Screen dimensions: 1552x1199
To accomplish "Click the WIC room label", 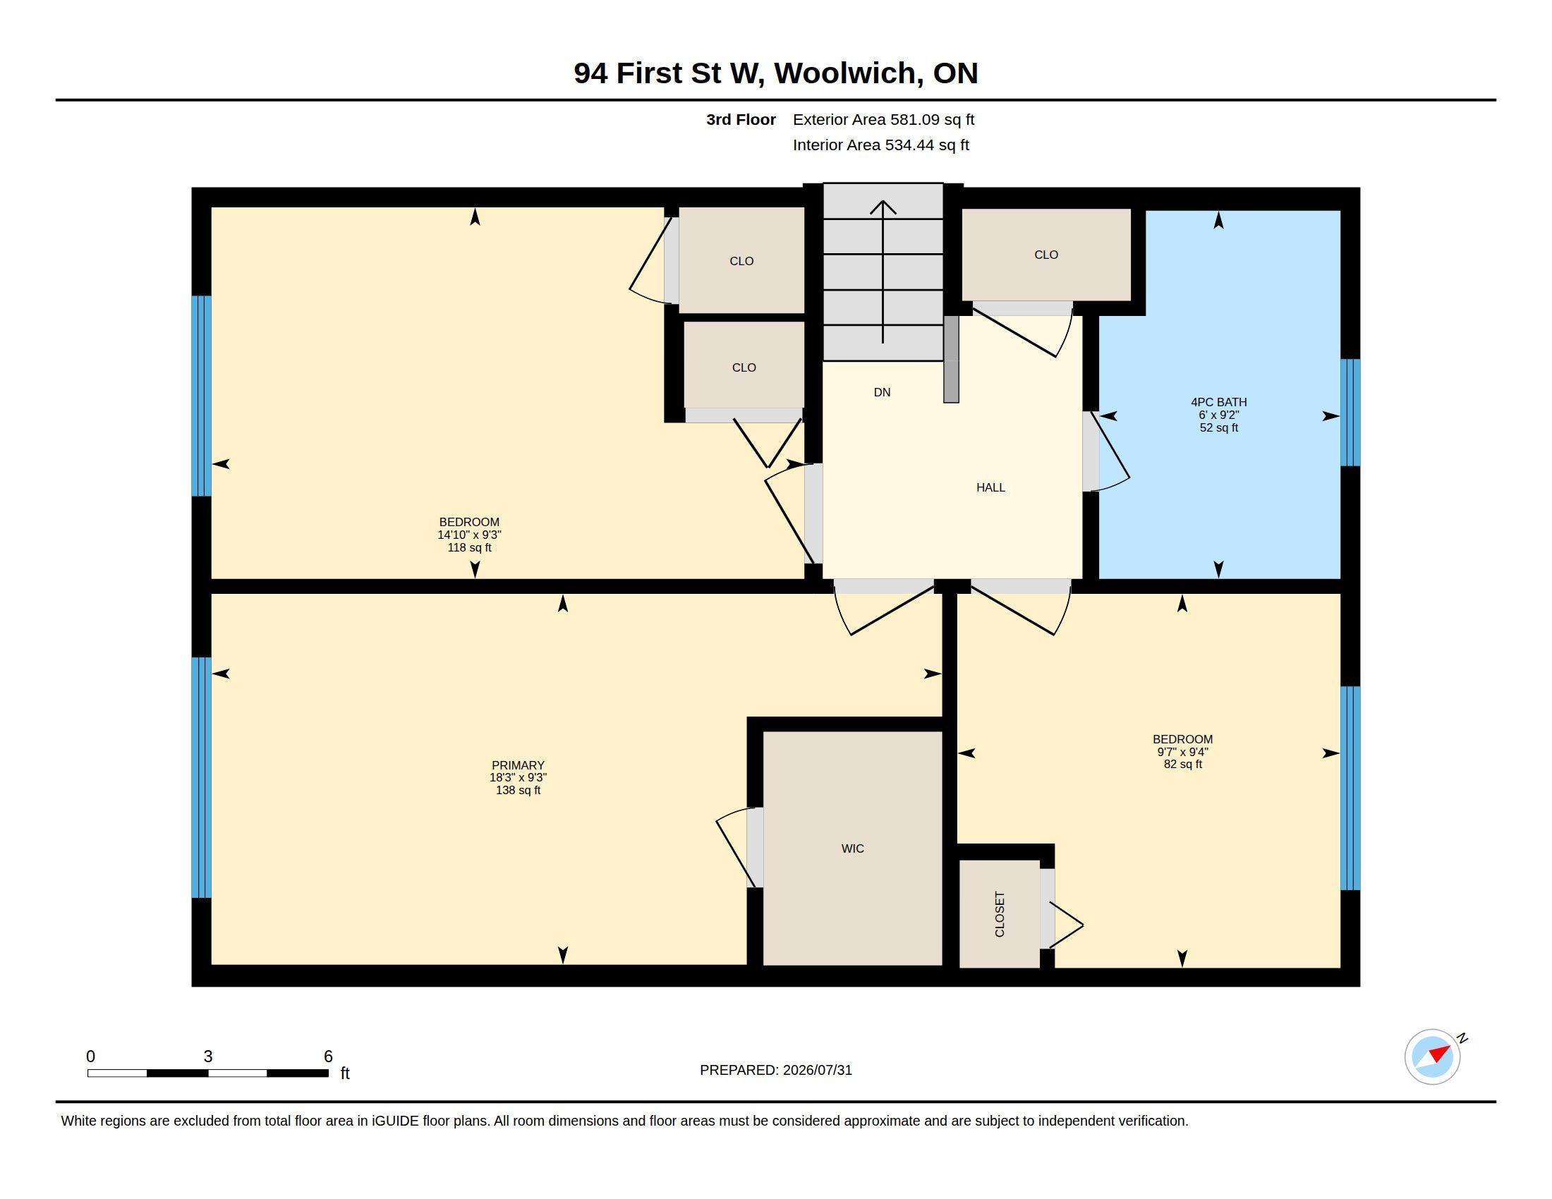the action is pyautogui.click(x=852, y=848).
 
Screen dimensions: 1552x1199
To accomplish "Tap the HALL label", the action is pyautogui.click(x=990, y=487).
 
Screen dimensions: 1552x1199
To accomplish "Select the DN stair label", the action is pyautogui.click(x=882, y=392).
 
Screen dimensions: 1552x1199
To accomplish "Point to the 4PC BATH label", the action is pyautogui.click(x=1219, y=402).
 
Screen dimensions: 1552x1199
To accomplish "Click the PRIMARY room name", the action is pyautogui.click(x=518, y=765).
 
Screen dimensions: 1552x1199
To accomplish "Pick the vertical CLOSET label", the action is pyautogui.click(x=1000, y=914).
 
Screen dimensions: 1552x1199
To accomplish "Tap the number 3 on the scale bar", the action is pyautogui.click(x=207, y=1057).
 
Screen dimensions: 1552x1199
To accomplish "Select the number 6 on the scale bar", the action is pyautogui.click(x=328, y=1057).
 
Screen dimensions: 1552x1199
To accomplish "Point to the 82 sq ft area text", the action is pyautogui.click(x=1182, y=765).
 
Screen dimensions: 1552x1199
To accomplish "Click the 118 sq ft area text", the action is pyautogui.click(x=469, y=547).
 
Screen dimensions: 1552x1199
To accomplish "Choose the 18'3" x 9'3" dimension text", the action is pyautogui.click(x=518, y=778).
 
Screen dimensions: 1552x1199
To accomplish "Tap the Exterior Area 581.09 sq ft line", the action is pyautogui.click(x=883, y=119).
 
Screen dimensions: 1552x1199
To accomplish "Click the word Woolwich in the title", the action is pyautogui.click(x=845, y=73).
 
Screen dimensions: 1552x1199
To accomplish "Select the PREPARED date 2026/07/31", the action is pyautogui.click(x=817, y=1070).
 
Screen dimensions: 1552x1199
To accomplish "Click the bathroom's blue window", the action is pyautogui.click(x=1350, y=412).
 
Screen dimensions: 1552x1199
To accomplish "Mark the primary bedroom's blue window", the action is pyautogui.click(x=202, y=778).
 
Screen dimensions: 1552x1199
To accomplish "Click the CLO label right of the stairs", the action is pyautogui.click(x=1046, y=255).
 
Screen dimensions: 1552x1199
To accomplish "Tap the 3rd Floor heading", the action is pyautogui.click(x=741, y=119).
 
